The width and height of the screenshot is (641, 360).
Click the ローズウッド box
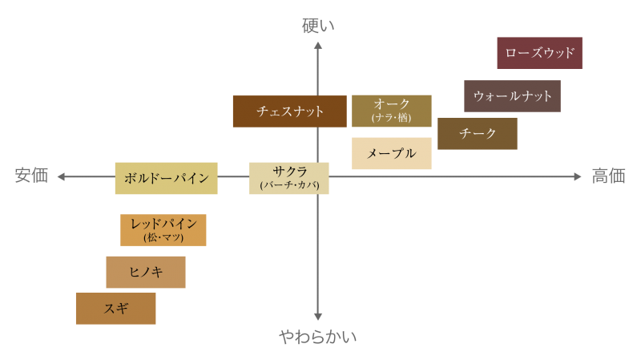tap(539, 53)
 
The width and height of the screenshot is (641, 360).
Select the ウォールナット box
tap(512, 96)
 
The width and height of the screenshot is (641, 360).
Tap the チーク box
tap(478, 134)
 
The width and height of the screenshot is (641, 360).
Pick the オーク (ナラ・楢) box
tap(392, 111)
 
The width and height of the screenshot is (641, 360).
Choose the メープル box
tap(392, 153)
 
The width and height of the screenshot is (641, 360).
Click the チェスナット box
tap(289, 111)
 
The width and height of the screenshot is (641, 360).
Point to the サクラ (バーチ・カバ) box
tap(289, 178)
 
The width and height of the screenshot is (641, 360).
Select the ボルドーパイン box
tap(166, 178)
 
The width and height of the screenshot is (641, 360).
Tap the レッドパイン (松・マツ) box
tap(163, 230)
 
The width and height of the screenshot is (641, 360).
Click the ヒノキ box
tap(146, 273)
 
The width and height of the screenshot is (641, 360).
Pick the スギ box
tap(115, 309)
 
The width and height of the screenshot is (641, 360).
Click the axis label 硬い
tap(318, 26)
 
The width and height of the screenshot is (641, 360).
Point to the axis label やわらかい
tap(318, 337)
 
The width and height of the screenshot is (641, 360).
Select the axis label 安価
tap(31, 176)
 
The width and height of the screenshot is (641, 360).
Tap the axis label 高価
tap(608, 176)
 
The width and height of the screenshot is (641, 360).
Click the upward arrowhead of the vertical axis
tap(318, 45)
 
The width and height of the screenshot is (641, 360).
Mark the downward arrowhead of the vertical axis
tap(318, 318)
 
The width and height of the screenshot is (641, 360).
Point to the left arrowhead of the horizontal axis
tap(60, 176)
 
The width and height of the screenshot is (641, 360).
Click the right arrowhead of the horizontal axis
tap(578, 176)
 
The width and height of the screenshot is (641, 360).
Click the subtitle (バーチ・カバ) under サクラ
tap(289, 185)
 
